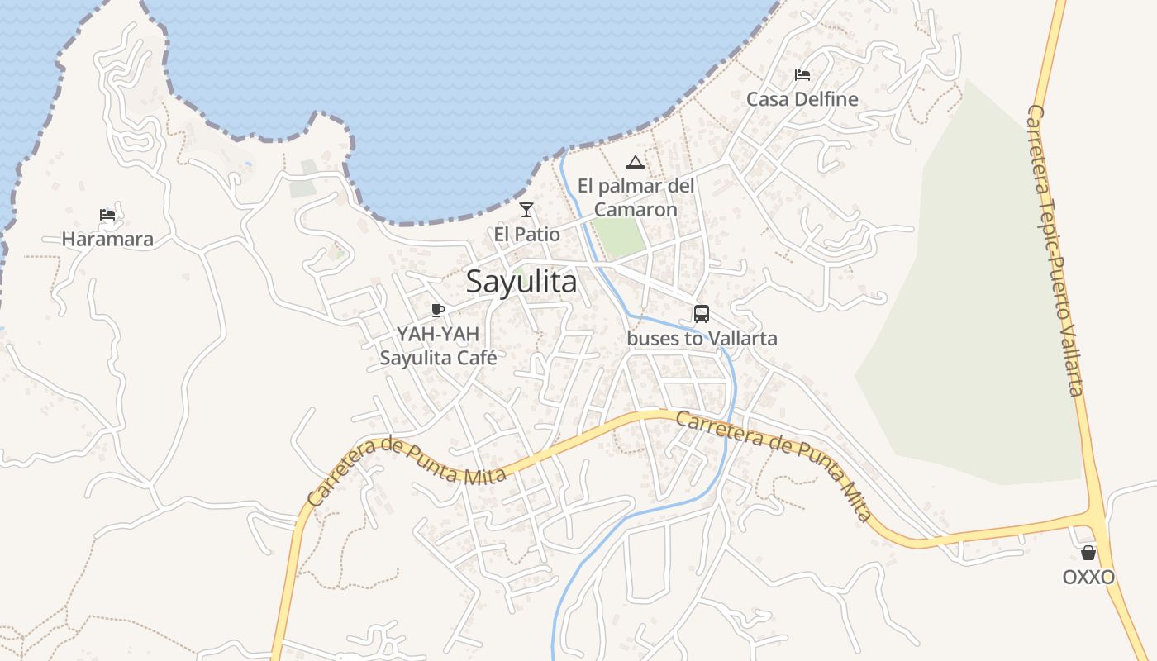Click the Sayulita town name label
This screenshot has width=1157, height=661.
pos(521,282)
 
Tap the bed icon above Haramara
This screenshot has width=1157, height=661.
pos(107,216)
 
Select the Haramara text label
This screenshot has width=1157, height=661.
pos(107,240)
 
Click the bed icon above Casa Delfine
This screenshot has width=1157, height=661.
pos(802,75)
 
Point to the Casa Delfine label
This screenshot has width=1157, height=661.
pos(802,99)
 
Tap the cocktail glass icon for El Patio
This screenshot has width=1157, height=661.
pos(526,210)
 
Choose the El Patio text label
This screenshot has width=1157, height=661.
pos(526,235)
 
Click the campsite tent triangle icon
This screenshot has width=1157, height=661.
pos(635,162)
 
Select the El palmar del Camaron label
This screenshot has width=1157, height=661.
pos(636,197)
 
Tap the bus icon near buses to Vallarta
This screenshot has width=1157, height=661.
pos(702,314)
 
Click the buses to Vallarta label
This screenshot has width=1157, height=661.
pos(702,339)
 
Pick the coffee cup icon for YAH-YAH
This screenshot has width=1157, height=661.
pos(438,311)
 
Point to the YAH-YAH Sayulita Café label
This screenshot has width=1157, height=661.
pos(438,346)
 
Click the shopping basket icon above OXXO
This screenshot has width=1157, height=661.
pos(1088,553)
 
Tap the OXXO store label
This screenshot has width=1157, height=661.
pos(1088,577)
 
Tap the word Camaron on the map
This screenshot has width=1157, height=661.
pos(636,210)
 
